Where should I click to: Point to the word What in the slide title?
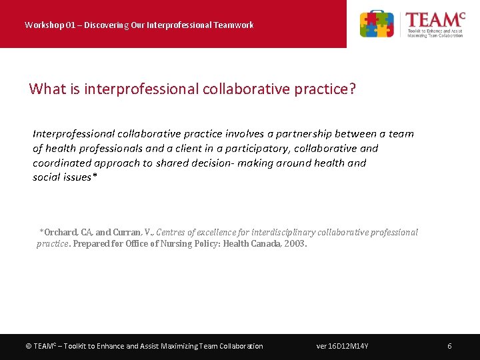point(47,89)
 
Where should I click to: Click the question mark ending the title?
point(352,89)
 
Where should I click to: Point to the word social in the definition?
point(47,177)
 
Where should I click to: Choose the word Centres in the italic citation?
point(171,233)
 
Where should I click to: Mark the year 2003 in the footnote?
point(295,244)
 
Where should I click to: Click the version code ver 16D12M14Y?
point(343,346)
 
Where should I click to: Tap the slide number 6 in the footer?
point(450,346)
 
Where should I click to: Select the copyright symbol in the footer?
point(28,346)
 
